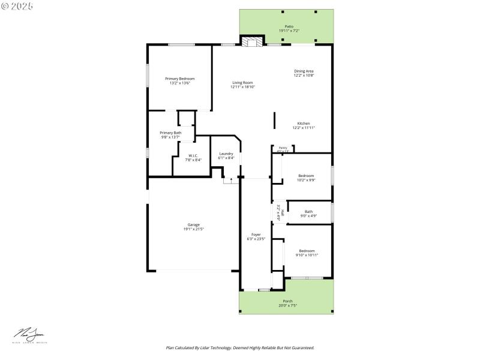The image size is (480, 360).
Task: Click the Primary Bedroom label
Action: pos(180,79)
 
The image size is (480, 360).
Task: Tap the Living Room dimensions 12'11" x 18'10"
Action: pos(243,87)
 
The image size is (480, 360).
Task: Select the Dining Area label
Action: pos(304,71)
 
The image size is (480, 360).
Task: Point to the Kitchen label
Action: pos(304,123)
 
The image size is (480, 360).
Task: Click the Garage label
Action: pos(193,224)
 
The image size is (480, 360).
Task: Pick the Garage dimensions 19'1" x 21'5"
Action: pos(193,229)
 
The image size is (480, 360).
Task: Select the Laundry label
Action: pos(226,154)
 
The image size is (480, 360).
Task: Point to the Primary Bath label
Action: pos(170,133)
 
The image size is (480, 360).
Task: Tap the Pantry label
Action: pos(283,148)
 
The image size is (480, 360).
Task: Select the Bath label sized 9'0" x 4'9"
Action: pos(308,211)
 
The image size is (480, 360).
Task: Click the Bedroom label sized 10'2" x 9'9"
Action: pos(306,175)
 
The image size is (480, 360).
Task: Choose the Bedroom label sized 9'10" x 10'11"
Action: pos(307,250)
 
